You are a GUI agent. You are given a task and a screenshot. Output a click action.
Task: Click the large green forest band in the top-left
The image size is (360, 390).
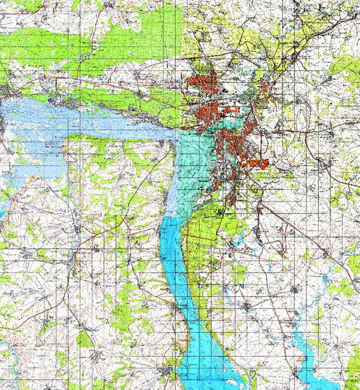94,43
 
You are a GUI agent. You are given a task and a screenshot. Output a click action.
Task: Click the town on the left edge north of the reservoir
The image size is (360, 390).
6,91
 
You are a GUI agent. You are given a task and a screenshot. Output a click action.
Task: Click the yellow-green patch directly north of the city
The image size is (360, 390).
217,43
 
